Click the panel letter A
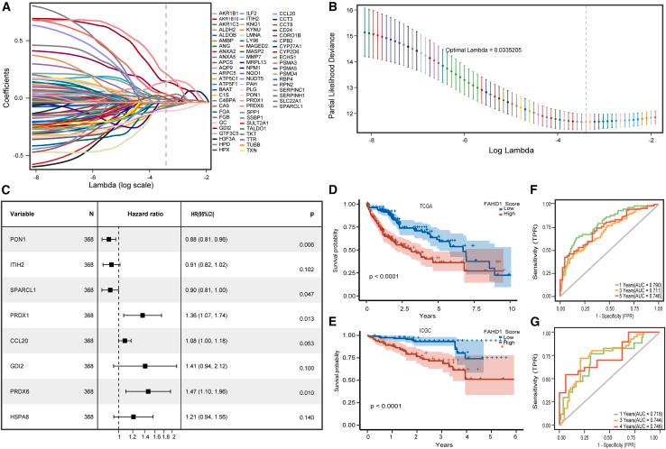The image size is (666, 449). (7, 7)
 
